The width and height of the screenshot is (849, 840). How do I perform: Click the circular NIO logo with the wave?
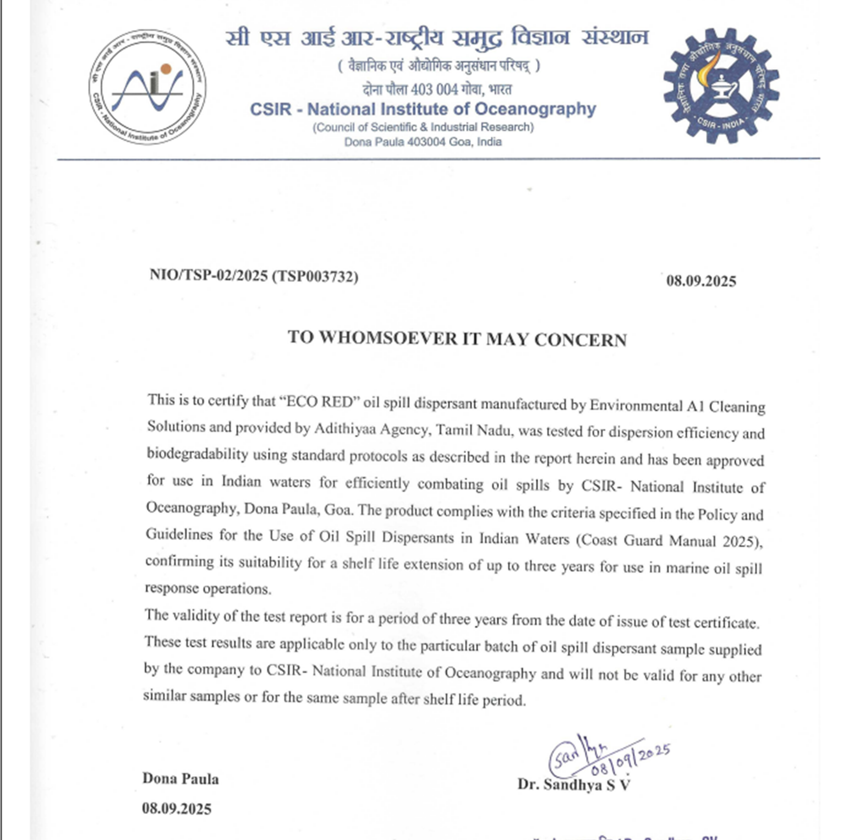coord(148,87)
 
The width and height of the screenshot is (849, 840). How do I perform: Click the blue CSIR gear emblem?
coord(721,86)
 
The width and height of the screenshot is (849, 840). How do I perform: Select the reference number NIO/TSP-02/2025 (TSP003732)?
coord(254,276)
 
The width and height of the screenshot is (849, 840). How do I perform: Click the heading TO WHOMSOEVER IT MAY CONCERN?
coord(457,339)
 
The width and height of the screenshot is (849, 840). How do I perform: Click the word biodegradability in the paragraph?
coord(197,453)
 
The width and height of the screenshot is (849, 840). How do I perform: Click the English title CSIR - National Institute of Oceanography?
coord(423,109)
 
